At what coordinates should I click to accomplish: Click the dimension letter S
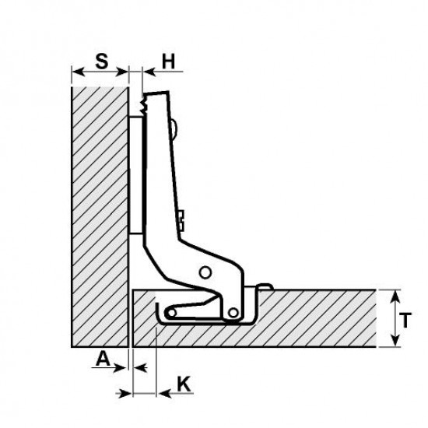point(102,61)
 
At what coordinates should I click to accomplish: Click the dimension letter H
point(168,61)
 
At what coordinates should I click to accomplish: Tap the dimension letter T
point(405,320)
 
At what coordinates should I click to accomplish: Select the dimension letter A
point(103,359)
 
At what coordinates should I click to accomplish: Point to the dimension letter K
point(184,384)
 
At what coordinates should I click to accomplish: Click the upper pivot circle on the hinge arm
point(205,272)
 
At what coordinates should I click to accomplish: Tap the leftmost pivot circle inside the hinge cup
point(171,313)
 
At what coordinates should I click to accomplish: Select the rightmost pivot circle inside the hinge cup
point(233,313)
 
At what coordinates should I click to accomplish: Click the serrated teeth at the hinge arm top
point(143,105)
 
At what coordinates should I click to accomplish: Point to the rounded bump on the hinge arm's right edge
point(174,128)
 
